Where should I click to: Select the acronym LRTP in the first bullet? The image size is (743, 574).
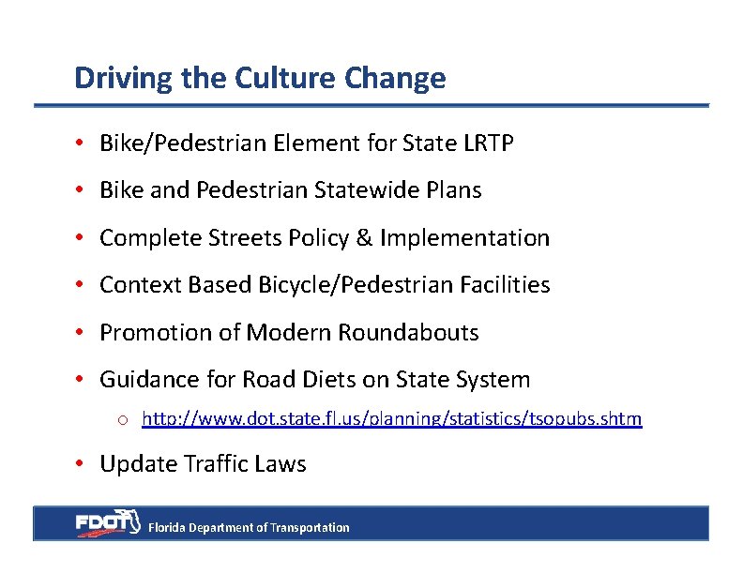click(488, 143)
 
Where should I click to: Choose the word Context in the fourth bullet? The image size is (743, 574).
click(141, 285)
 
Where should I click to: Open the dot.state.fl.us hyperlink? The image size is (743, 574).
click(391, 419)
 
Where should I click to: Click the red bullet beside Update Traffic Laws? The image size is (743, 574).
click(83, 464)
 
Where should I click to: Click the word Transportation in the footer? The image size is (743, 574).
click(310, 528)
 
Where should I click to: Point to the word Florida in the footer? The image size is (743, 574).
click(168, 528)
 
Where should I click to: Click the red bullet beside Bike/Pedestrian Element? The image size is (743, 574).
click(83, 143)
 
